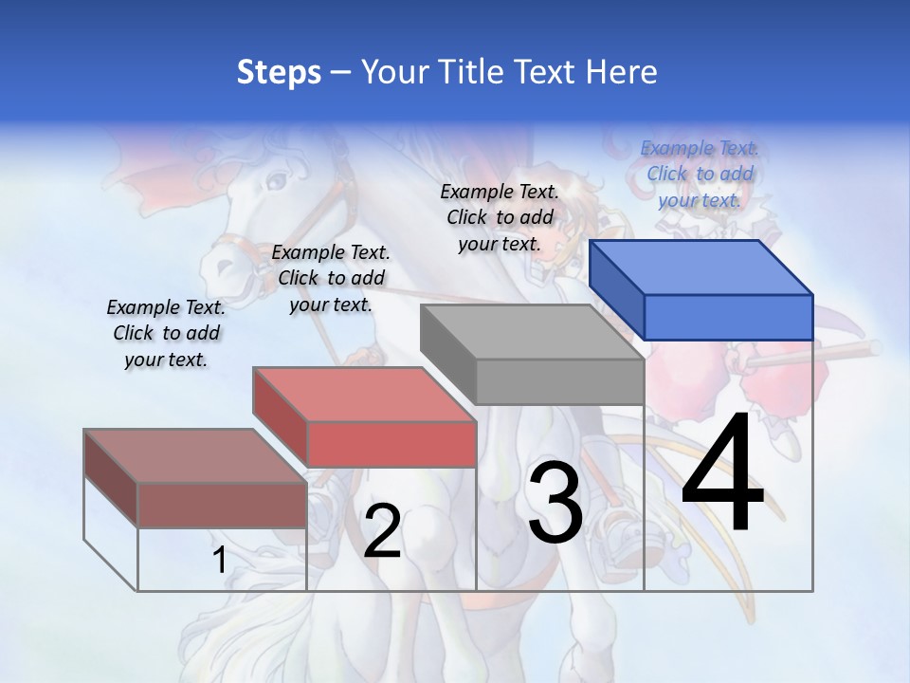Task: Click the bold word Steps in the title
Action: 279,72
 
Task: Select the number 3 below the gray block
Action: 555,503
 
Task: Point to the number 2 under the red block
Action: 382,531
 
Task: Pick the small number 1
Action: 219,560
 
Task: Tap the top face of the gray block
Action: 531,332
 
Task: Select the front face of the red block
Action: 391,444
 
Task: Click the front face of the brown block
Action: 222,505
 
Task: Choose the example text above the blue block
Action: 700,174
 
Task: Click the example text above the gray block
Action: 500,217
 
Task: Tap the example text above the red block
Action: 331,278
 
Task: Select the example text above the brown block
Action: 166,333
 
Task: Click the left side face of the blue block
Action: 616,289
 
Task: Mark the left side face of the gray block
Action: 447,355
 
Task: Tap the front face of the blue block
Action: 728,317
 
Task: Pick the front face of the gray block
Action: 559,381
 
